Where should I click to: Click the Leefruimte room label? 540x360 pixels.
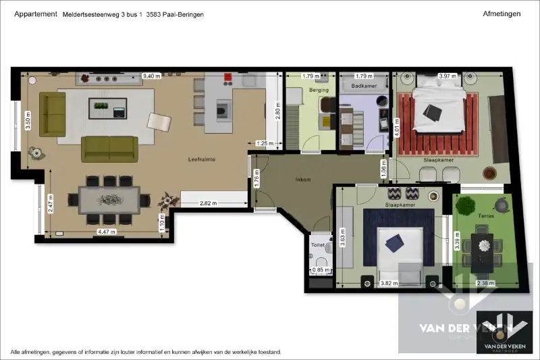pyautogui.click(x=202, y=159)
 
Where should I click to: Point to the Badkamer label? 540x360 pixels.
pyautogui.click(x=364, y=86)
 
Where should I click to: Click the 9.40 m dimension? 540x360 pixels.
pyautogui.click(x=152, y=76)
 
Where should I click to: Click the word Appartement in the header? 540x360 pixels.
pyautogui.click(x=35, y=14)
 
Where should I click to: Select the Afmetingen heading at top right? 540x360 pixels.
pyautogui.click(x=502, y=14)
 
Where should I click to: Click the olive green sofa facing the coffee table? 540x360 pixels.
pyautogui.click(x=109, y=149)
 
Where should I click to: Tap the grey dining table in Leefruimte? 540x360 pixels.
pyautogui.click(x=109, y=200)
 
